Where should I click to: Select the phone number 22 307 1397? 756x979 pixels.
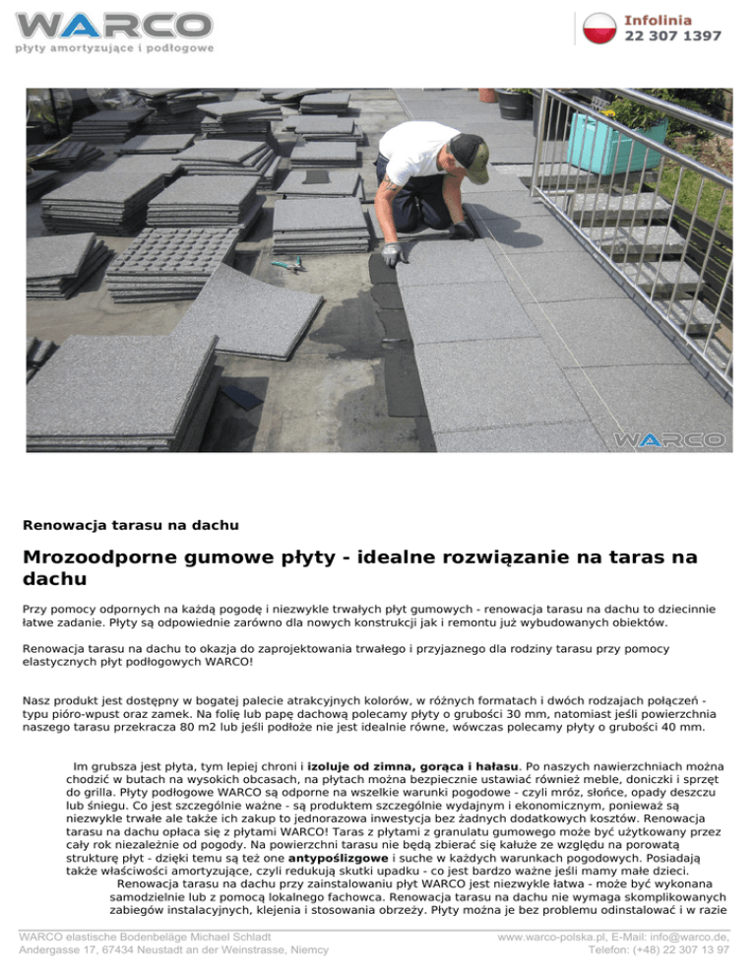tap(672, 36)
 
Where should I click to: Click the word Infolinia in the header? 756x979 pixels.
tap(658, 20)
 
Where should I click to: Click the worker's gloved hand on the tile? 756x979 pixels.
tap(392, 254)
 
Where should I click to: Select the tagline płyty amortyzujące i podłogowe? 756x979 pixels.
tap(114, 47)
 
